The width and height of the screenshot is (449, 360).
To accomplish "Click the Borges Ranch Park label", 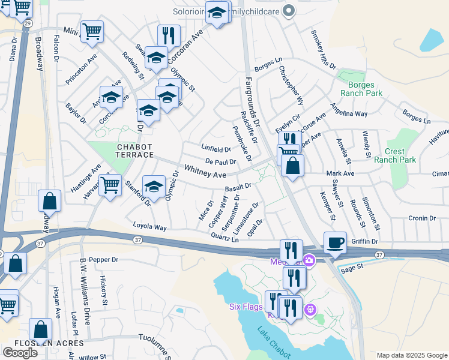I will coord(361,89).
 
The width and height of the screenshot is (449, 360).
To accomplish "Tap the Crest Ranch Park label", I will coord(395,155).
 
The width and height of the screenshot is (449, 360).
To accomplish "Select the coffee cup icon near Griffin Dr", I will coord(335,242).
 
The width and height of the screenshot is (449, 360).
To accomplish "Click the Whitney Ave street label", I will coord(205,172).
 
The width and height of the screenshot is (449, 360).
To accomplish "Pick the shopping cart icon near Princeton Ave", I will coord(92,31).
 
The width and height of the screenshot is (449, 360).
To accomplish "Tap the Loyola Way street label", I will coord(149,227).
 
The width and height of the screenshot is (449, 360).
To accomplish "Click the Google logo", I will coord(20,352).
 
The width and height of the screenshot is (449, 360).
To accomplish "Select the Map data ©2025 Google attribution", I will coord(412,355).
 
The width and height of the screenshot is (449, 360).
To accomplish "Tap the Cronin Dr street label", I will coord(421,218).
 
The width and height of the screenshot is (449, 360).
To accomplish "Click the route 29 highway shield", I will coord(28,22).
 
